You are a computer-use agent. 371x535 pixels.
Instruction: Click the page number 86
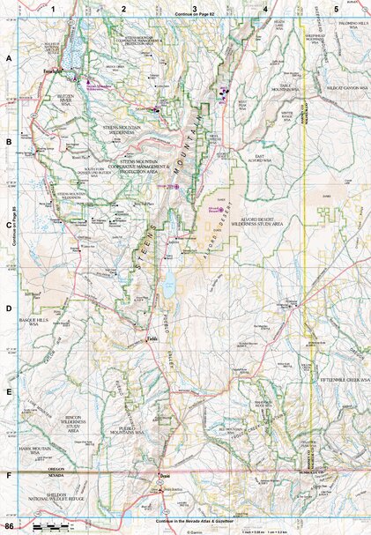[9, 526]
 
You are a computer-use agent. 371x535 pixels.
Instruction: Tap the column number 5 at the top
[335, 8]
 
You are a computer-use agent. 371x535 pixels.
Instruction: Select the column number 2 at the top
[124, 8]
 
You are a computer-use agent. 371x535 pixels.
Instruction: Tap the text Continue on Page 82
[195, 15]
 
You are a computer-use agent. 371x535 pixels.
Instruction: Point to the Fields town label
[152, 337]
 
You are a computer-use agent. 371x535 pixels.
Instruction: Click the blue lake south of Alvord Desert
[167, 286]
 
